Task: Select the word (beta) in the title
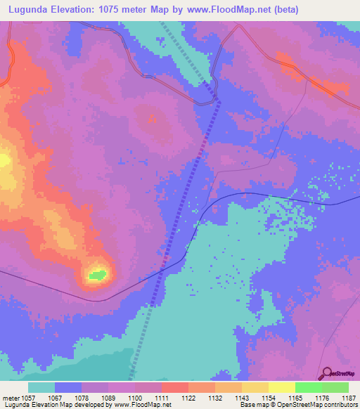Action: coord(285,10)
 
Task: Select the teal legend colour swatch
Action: coord(41,387)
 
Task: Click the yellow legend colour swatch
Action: coord(281,387)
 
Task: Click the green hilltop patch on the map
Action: coord(98,274)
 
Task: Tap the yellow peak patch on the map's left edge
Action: coord(4,161)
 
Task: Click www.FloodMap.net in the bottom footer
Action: coord(141,405)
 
